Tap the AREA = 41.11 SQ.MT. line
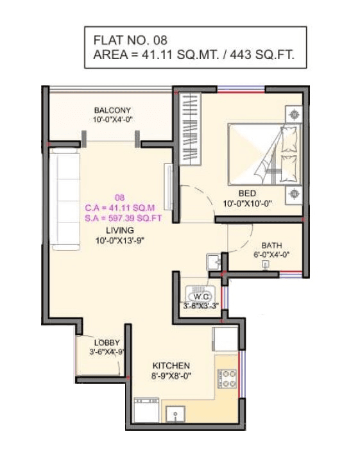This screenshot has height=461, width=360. coord(194,55)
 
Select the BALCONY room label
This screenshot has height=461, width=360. coord(112,110)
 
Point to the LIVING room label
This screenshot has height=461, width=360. coord(120,230)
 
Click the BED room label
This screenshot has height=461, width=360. coord(247,194)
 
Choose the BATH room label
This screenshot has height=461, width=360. coord(271,246)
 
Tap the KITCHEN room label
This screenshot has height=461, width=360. coord(171,365)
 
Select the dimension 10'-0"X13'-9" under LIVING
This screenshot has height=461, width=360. coord(120,240)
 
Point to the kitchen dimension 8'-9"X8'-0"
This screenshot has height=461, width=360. coord(171,376)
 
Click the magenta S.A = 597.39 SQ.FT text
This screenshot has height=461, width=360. coord(123,217)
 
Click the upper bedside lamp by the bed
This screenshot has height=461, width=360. coord(295,115)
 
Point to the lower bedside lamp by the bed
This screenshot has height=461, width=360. coord(295,192)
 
